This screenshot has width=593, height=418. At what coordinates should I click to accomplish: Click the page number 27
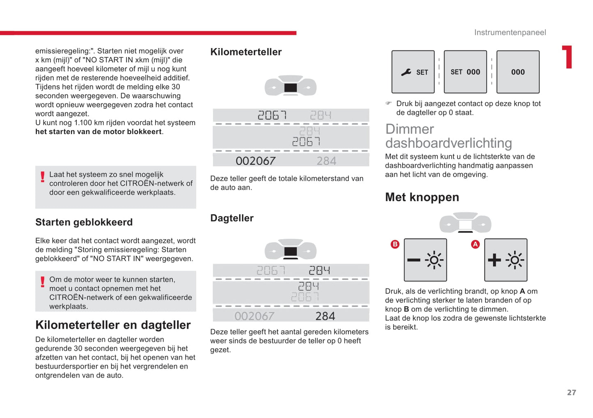tap(571, 393)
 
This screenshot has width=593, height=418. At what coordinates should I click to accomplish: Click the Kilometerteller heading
tap(246, 52)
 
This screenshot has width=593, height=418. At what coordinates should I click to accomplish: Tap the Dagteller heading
tap(232, 218)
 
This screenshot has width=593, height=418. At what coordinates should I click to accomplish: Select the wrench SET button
tap(413, 72)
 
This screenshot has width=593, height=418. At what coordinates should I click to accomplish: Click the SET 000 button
tap(465, 72)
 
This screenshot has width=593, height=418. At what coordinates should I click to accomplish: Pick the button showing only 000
tap(518, 72)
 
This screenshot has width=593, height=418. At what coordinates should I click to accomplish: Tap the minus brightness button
tap(425, 260)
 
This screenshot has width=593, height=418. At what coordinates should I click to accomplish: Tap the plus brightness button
tap(506, 260)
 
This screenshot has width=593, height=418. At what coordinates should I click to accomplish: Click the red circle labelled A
tap(475, 244)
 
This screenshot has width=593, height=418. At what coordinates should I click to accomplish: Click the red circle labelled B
tap(395, 244)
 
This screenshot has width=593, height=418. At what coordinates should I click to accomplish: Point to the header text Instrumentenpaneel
tap(510, 32)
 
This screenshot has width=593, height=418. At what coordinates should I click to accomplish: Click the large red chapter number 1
tap(568, 57)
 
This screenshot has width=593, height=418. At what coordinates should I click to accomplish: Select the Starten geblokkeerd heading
tap(84, 222)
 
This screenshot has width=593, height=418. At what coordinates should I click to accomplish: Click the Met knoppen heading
tap(422, 197)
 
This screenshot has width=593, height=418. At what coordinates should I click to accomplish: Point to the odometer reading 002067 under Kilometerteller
tap(255, 161)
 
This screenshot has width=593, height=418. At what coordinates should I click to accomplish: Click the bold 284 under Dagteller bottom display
tap(325, 316)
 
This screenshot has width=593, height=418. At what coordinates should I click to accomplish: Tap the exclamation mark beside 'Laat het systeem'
tap(43, 177)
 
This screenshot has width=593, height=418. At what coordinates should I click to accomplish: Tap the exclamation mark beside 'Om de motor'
tap(43, 282)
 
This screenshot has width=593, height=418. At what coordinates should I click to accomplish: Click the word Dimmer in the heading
tap(410, 129)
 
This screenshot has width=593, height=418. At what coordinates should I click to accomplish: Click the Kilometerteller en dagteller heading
tap(113, 325)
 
